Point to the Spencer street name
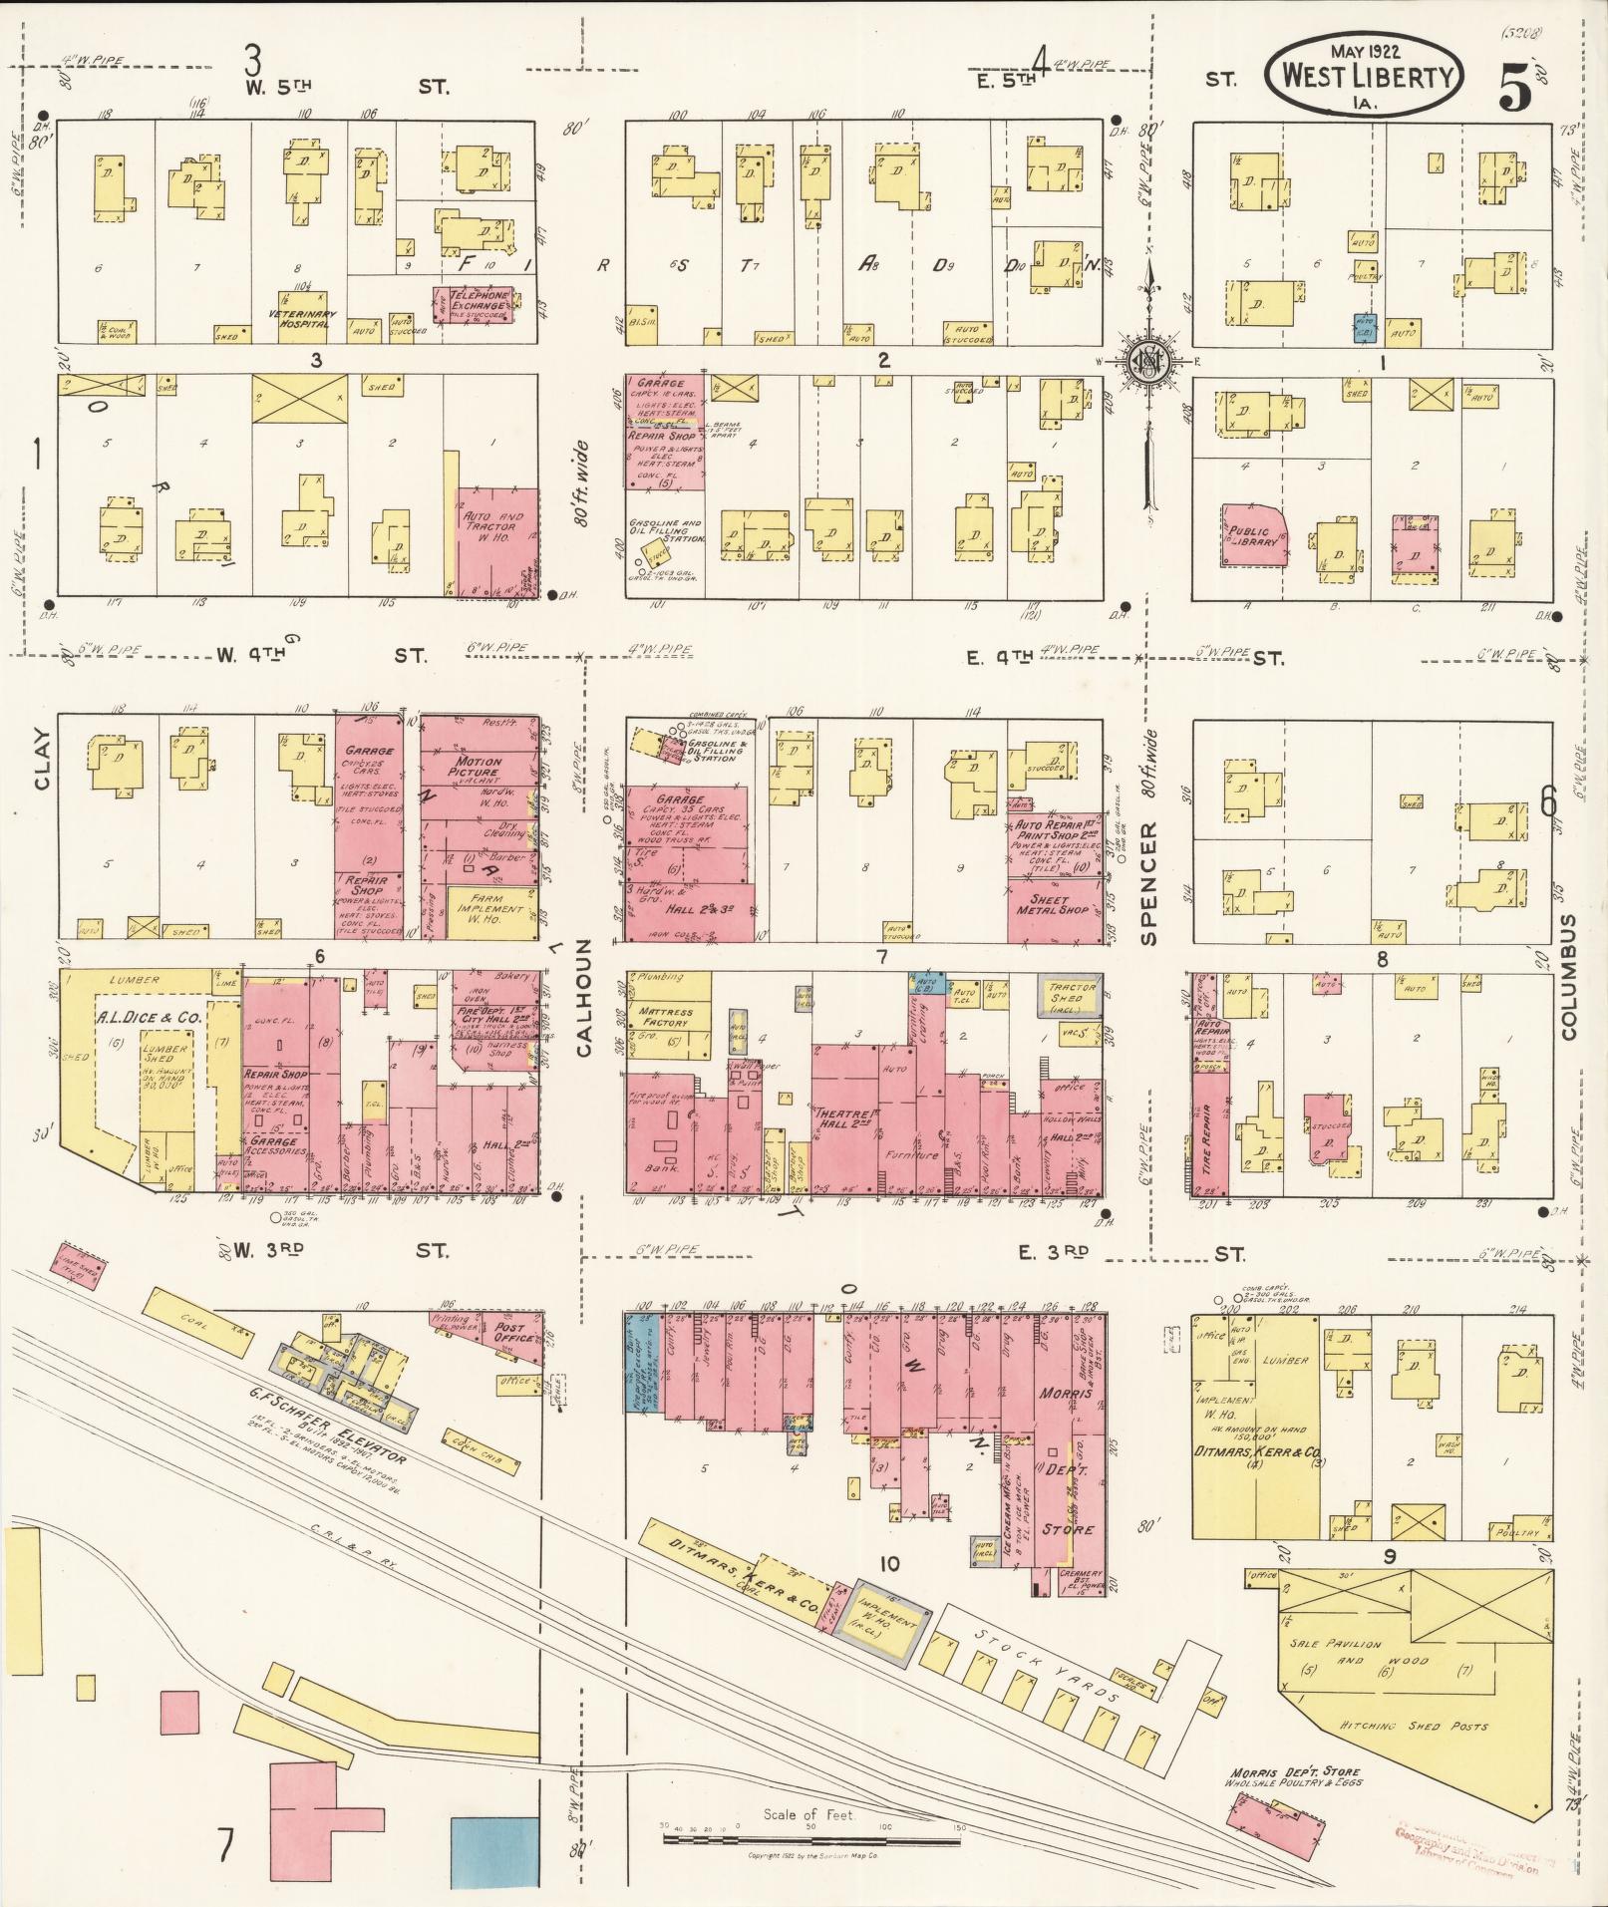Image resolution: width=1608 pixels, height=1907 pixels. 1149,883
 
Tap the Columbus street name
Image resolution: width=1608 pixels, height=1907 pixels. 1568,977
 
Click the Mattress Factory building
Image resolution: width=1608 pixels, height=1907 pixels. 665,1017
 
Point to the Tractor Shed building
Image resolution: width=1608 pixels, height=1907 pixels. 1072,993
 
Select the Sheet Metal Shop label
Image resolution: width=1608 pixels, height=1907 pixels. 1055,904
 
